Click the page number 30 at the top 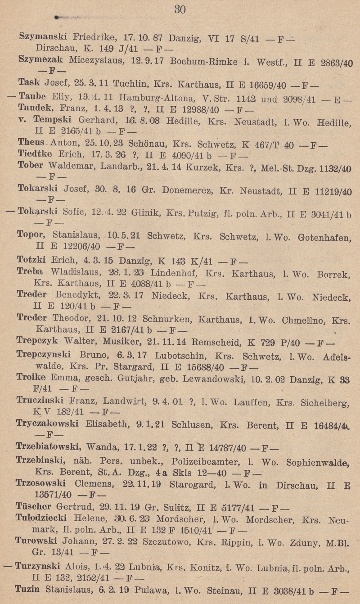point(180,9)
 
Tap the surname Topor point(29,235)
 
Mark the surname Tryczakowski point(47,424)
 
